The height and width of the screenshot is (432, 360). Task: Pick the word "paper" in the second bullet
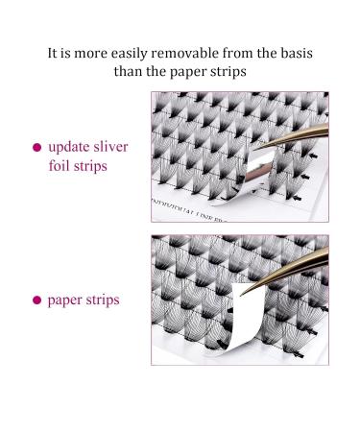point(66,300)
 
